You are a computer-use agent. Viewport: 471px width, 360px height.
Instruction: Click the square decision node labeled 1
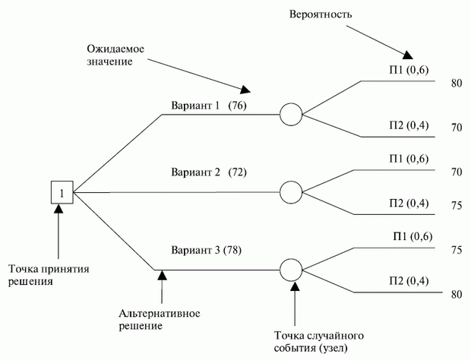pos(61,193)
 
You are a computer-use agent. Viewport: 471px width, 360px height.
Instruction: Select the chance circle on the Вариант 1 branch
pos(292,115)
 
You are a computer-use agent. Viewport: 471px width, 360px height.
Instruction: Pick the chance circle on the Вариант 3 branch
pos(292,269)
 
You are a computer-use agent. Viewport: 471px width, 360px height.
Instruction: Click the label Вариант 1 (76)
pos(210,106)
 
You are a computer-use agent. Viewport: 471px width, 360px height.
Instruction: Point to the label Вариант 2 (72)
pos(210,173)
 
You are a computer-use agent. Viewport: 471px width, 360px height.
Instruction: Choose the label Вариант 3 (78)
pos(210,249)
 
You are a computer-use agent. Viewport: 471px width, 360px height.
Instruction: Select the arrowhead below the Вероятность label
pos(409,55)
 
